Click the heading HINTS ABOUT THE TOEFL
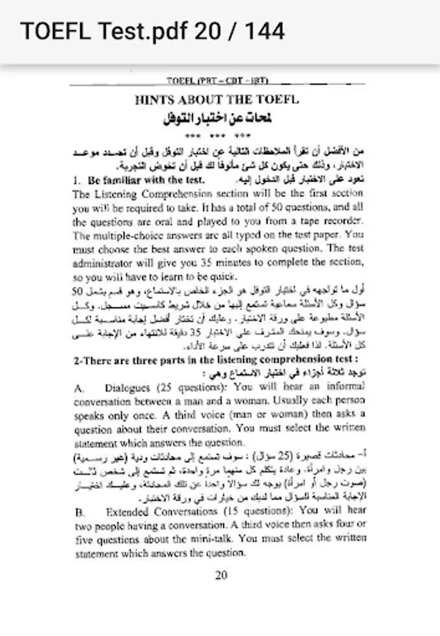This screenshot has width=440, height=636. coord(216,100)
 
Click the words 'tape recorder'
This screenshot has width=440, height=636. coord(330,220)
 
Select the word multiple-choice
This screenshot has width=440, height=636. coord(125,234)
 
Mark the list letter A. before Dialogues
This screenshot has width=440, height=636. coord(79,388)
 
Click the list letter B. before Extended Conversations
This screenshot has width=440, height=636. coord(79,510)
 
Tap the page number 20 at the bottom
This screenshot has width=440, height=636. coord(220,575)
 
